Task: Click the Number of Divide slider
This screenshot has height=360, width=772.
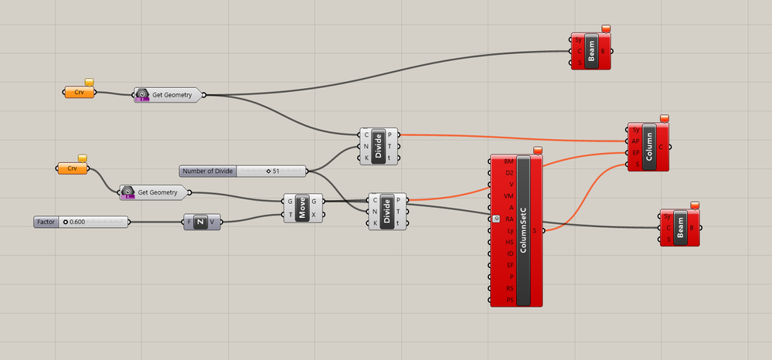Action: pos(208,171)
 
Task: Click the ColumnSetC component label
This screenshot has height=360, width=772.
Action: pos(524,230)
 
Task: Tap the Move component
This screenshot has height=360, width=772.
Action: pos(302,208)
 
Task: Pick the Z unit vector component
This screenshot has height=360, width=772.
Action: pos(199,222)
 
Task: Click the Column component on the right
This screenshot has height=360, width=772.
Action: pos(648,147)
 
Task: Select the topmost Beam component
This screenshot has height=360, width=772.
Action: pos(592,52)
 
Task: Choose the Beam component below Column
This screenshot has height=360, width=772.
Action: pos(680,228)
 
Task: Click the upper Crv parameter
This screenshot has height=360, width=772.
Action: pos(80,93)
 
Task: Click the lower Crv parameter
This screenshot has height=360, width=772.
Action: pos(73,168)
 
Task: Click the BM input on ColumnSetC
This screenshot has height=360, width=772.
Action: pos(508,161)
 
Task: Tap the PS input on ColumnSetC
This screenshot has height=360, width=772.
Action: pos(508,300)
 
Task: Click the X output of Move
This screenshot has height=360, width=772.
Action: pos(313,214)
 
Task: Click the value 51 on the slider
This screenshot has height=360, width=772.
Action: pos(275,171)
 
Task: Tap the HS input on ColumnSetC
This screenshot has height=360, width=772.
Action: pos(508,242)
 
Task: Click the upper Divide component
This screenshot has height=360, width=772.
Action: pos(379,146)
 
